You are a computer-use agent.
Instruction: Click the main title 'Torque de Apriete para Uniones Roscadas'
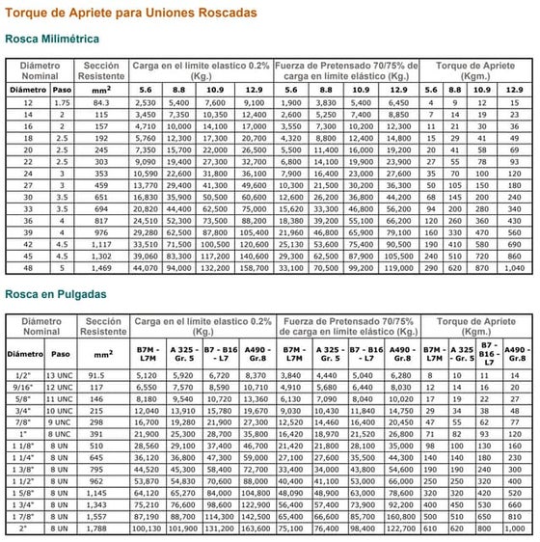click(x=131, y=14)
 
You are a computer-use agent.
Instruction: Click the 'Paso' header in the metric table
click(x=62, y=89)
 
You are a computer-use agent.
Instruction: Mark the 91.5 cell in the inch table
click(x=97, y=374)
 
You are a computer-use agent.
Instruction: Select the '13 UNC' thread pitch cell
click(x=62, y=374)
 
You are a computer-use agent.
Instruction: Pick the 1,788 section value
click(x=97, y=529)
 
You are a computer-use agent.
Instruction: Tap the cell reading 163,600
click(x=256, y=529)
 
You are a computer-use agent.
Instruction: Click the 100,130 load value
click(x=145, y=529)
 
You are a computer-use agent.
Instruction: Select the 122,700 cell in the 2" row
click(x=400, y=529)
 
